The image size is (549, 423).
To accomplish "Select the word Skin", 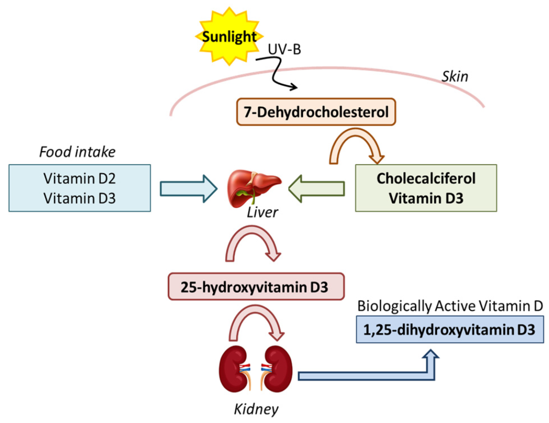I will point(455,77).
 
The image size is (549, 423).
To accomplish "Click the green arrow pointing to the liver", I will point(316,188).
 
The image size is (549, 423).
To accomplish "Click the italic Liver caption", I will point(262,213).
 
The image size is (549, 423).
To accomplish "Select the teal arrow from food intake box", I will point(188,188).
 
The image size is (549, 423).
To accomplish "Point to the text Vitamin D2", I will point(80,177).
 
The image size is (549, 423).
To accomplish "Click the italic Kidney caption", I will point(256,410).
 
